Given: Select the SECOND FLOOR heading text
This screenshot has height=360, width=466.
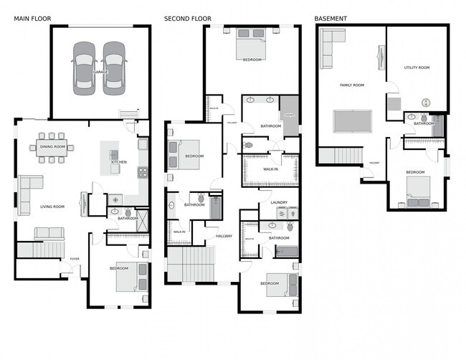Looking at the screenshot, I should click(187, 18).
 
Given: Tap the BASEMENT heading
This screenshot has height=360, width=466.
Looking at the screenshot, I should click(331, 18).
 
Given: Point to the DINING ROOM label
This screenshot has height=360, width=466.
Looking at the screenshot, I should click(52, 146).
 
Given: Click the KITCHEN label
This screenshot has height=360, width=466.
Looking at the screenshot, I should click(118, 162).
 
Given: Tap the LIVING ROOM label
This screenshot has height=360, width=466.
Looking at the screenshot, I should click(52, 207).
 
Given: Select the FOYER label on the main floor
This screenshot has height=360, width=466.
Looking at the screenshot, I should click(74, 259).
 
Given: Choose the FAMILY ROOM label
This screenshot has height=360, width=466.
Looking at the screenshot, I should click(351, 85).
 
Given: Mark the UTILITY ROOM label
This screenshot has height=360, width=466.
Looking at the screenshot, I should click(417, 67).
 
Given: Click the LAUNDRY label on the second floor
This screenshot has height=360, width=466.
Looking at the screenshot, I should click(278, 203).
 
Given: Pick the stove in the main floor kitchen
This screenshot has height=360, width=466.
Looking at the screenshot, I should click(142, 172).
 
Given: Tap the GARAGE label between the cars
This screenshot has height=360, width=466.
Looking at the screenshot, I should click(99, 72).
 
